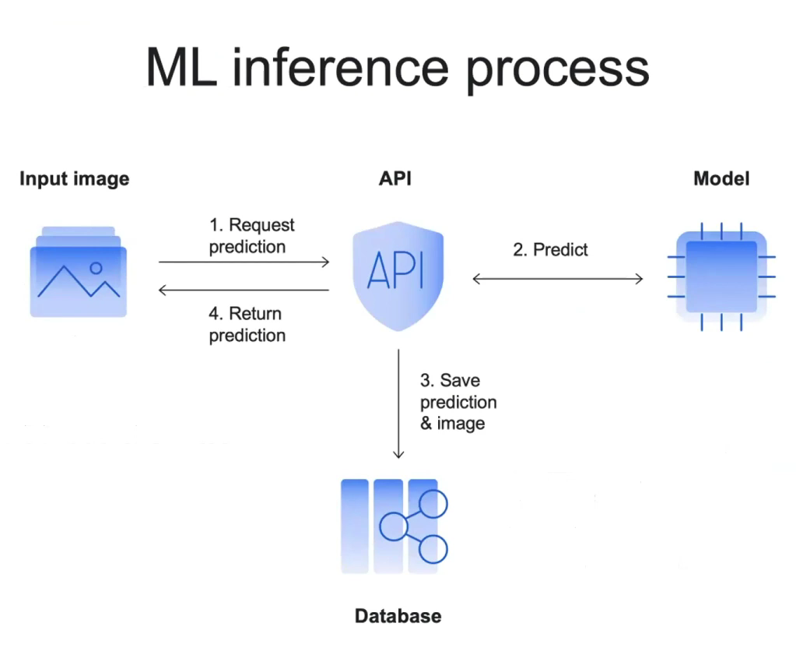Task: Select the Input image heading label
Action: (74, 179)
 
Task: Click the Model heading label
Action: (721, 179)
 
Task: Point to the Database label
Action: (398, 616)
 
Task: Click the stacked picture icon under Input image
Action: (78, 272)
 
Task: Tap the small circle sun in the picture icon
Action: (96, 268)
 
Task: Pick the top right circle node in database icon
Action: (433, 504)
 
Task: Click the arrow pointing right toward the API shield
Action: (244, 262)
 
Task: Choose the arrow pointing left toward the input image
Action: (244, 291)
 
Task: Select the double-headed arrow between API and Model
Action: (558, 278)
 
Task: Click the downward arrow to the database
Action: (398, 405)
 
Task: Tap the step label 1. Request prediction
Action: (251, 236)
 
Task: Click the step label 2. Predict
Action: (550, 250)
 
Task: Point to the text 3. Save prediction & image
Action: (458, 402)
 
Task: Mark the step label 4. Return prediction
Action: (247, 325)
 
